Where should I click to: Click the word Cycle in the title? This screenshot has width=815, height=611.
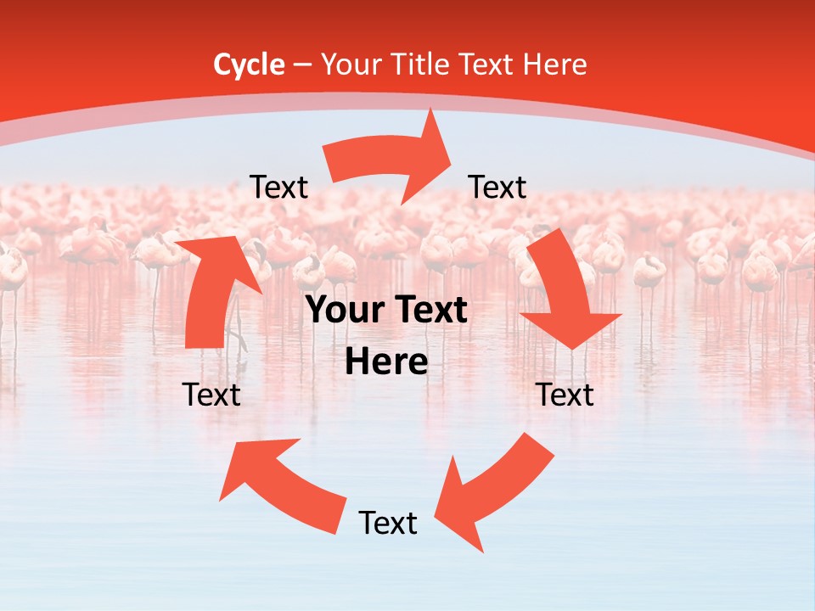pyautogui.click(x=249, y=64)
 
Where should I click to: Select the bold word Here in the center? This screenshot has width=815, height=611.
pyautogui.click(x=386, y=362)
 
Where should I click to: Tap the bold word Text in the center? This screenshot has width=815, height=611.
pyautogui.click(x=430, y=311)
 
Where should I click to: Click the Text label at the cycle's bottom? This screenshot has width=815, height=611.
pyautogui.click(x=388, y=524)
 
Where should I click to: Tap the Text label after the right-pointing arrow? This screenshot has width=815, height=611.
pyautogui.click(x=497, y=187)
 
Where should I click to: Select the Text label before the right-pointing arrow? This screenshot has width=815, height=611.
pyautogui.click(x=278, y=188)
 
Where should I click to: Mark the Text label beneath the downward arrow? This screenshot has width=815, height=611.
pyautogui.click(x=565, y=395)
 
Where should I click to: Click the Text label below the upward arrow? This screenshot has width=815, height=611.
pyautogui.click(x=212, y=395)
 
